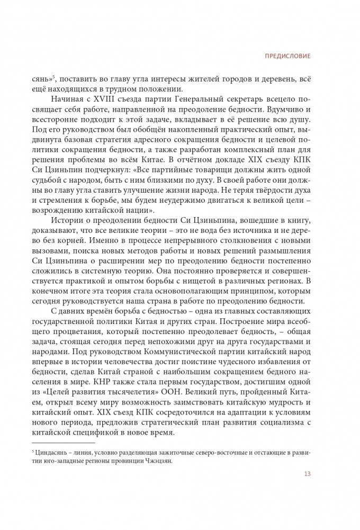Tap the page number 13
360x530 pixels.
coord(307,473)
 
